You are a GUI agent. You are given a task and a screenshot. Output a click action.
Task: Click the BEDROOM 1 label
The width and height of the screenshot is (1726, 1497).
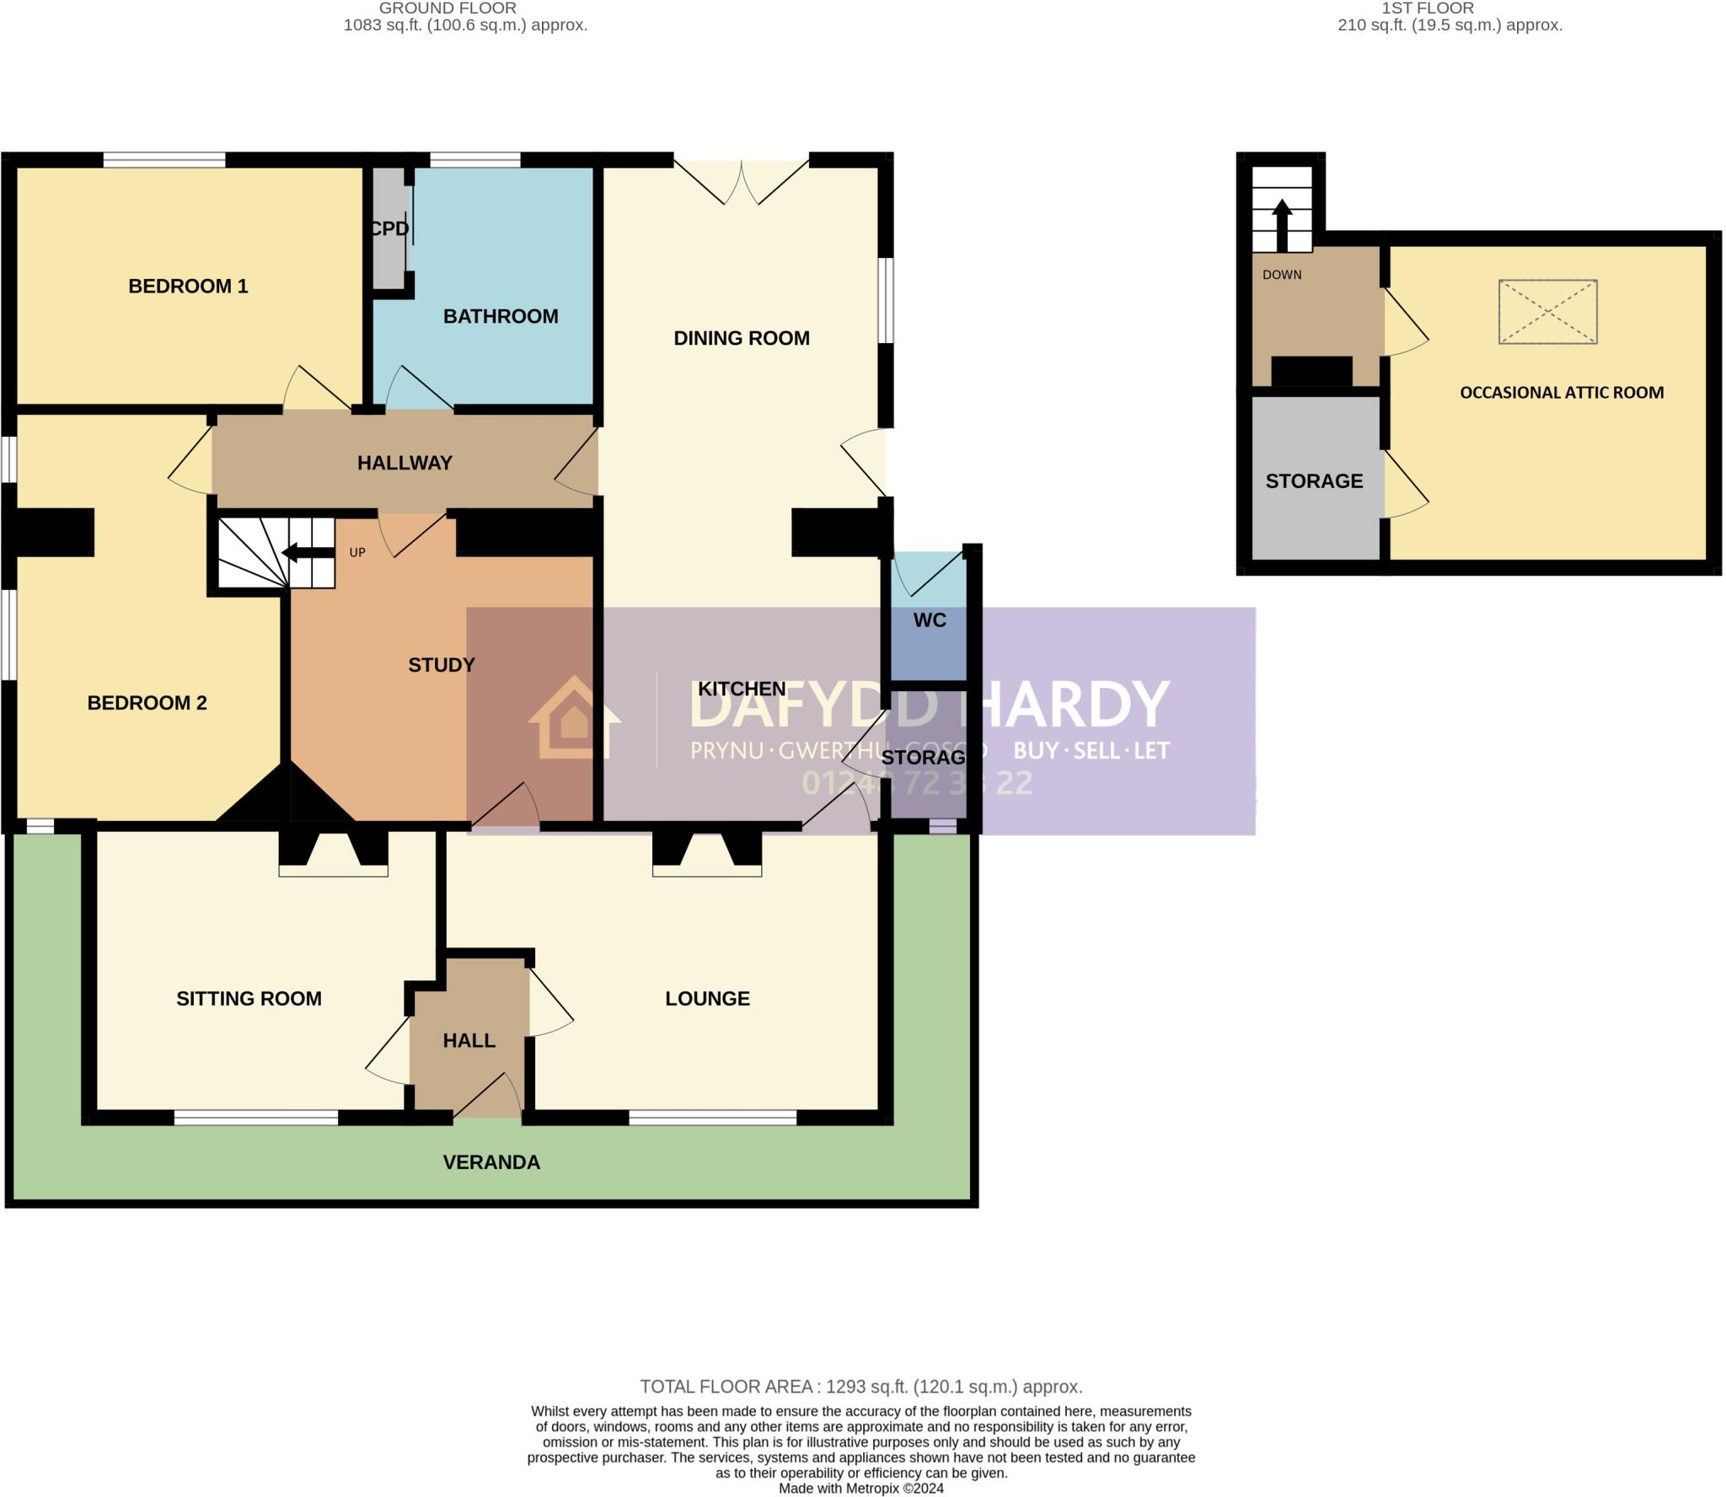tap(188, 287)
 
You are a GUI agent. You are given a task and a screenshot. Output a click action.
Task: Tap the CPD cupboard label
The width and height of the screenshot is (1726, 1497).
tap(389, 228)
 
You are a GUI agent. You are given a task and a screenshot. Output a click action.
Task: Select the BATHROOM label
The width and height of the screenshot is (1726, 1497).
tap(501, 316)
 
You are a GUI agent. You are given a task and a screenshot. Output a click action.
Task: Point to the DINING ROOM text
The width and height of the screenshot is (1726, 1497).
tap(742, 338)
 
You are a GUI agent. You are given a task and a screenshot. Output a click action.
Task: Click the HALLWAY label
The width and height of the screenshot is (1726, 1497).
tap(405, 463)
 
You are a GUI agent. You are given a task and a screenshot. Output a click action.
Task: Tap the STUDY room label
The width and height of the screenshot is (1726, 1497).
tap(442, 665)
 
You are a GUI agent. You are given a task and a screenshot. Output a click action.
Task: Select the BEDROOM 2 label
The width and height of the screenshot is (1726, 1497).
tap(147, 703)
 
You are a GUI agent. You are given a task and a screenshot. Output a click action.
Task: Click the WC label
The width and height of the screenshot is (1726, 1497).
tap(930, 620)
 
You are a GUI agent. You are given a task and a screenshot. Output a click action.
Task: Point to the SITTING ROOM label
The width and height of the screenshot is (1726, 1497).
tap(249, 999)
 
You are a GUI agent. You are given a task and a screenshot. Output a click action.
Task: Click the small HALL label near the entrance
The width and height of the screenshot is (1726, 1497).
tap(469, 1041)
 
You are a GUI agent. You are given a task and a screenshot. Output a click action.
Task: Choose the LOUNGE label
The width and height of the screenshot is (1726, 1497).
tap(707, 999)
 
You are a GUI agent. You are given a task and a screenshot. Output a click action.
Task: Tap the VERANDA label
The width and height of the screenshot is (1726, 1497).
tap(491, 1162)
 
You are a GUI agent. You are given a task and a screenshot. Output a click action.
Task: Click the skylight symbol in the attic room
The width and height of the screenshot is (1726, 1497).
tap(1547, 312)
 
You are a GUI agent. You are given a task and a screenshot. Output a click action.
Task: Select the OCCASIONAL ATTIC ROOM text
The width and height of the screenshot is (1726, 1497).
tap(1562, 393)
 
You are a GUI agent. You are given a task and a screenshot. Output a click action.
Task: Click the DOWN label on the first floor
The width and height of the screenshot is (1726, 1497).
tap(1282, 275)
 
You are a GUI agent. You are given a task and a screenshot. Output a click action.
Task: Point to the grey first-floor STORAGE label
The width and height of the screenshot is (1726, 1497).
tap(1314, 481)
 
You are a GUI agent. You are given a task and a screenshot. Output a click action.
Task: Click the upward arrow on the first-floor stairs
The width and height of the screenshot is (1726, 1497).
tap(1282, 224)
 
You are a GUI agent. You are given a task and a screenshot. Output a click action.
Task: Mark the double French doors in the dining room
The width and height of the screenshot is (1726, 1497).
tap(742, 182)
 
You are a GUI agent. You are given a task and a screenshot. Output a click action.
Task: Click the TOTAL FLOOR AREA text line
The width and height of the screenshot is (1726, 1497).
tap(860, 1387)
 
